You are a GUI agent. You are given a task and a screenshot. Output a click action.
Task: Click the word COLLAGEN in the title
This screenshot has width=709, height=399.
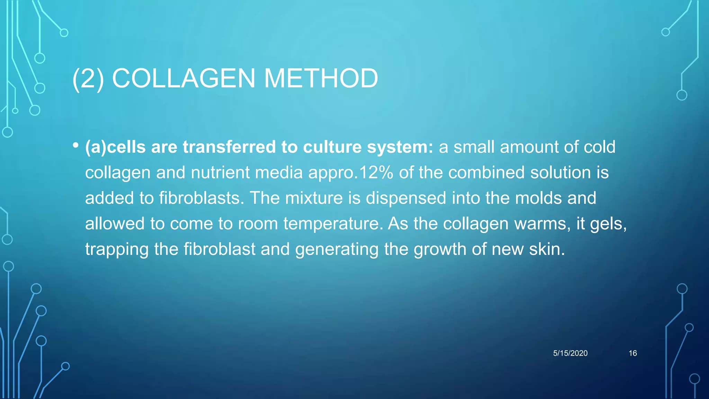pyautogui.click(x=183, y=78)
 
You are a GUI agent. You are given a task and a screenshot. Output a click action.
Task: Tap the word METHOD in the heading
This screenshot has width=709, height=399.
pyautogui.click(x=321, y=78)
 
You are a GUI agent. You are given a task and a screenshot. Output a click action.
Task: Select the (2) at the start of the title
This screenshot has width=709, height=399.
pyautogui.click(x=88, y=79)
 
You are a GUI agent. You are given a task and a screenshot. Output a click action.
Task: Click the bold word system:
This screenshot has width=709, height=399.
pyautogui.click(x=400, y=148)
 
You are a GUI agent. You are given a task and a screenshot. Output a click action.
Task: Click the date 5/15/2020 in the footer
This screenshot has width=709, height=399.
pyautogui.click(x=570, y=353)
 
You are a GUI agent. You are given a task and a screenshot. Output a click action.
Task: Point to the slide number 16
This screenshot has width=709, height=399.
pyautogui.click(x=632, y=353)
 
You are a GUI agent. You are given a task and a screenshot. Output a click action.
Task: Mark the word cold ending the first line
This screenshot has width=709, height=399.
pyautogui.click(x=600, y=147)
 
